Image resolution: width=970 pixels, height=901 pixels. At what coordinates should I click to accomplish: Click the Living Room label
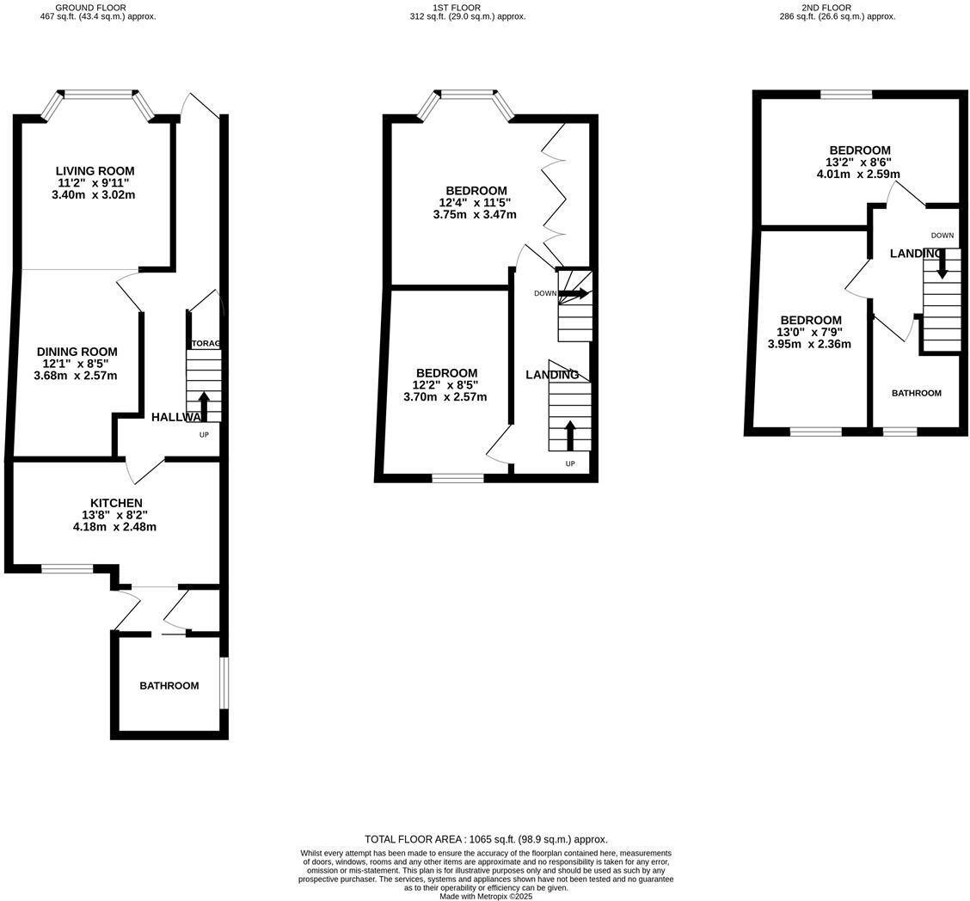(x=95, y=171)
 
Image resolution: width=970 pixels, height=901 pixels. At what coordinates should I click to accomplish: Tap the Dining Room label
(x=77, y=352)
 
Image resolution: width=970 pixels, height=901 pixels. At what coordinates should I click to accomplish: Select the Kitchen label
(x=116, y=503)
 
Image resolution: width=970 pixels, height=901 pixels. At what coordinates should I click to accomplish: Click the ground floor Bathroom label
(x=169, y=686)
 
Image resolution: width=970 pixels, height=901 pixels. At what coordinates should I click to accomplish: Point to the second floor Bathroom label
(x=916, y=393)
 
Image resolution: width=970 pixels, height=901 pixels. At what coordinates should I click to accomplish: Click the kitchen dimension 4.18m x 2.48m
(x=114, y=527)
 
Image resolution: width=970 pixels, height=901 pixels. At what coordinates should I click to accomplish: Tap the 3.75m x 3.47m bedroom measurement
(x=475, y=214)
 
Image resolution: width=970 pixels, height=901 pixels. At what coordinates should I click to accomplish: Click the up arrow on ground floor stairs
(x=204, y=406)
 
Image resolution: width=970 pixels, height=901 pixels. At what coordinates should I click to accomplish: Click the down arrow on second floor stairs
(x=942, y=262)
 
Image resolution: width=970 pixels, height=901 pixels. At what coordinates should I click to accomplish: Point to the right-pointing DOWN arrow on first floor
(x=574, y=293)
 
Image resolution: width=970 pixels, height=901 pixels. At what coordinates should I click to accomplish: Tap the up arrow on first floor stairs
(x=569, y=435)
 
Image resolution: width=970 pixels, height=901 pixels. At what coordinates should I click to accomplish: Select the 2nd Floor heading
(x=826, y=8)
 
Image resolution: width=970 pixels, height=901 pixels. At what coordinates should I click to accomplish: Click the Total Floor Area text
(x=486, y=839)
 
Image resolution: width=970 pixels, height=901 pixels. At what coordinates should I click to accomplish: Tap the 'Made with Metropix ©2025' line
(x=486, y=896)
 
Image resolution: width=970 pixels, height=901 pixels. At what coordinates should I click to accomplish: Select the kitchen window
(x=67, y=568)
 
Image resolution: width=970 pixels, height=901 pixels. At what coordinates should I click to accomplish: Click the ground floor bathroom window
(x=224, y=683)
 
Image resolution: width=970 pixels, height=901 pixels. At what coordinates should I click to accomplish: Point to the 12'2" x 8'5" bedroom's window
(x=457, y=478)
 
